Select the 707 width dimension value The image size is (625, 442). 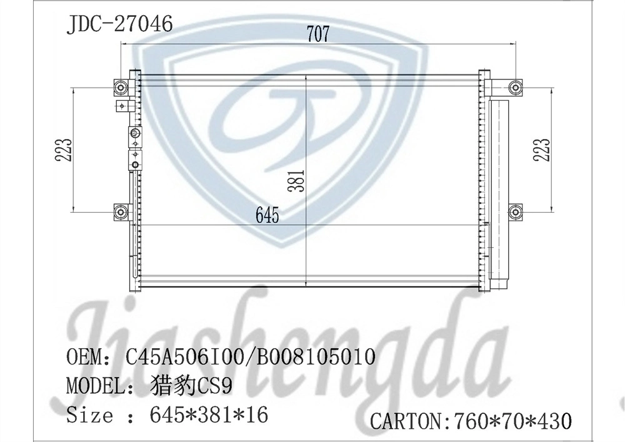coord(317,34)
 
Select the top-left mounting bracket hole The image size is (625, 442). coord(121,88)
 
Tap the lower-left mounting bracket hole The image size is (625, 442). coord(121,212)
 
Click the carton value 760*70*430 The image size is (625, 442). coord(510,421)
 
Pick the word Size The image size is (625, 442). coord(89,414)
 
